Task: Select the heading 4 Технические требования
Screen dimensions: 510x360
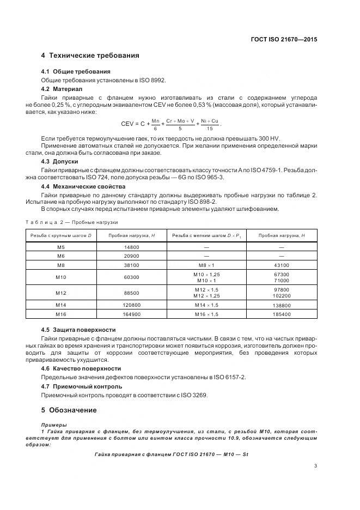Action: pos(90,56)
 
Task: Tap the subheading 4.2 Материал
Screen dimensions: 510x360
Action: pos(62,88)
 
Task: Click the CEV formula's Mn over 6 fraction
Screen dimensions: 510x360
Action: pos(155,124)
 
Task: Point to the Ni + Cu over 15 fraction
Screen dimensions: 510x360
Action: pos(210,124)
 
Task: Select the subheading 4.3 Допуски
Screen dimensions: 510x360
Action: pos(59,162)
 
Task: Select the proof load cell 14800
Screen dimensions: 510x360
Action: pos(131,247)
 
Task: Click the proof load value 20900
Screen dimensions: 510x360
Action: pos(131,256)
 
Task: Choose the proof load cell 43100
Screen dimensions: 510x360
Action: pos(282,265)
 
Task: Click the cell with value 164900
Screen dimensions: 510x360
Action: pos(131,314)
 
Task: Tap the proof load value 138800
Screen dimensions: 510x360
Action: pos(282,306)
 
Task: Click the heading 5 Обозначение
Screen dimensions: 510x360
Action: pos(69,410)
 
